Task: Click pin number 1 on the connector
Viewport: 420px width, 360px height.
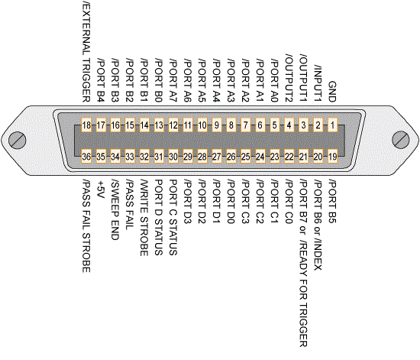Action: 332,125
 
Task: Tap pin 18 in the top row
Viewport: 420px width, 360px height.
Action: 86,125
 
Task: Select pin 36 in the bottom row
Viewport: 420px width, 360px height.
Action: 86,157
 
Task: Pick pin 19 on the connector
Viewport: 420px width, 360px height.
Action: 332,157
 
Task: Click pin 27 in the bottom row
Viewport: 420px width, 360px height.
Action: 216,157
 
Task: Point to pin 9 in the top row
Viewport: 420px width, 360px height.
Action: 216,125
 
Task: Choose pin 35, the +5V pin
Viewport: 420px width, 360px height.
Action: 101,157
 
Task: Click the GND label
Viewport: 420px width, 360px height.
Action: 332,92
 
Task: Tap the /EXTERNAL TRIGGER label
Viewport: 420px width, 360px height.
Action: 86,51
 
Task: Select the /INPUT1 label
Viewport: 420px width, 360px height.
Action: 318,83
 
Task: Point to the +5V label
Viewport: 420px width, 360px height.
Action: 101,190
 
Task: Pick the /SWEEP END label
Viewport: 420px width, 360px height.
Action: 115,209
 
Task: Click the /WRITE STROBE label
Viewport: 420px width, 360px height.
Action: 144,218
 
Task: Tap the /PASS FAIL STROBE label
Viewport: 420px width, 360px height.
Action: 86,226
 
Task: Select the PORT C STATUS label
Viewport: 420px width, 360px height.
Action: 173,217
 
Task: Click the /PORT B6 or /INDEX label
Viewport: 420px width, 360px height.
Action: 318,225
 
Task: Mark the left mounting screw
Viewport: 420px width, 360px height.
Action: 18,140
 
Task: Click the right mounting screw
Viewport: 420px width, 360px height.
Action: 401,139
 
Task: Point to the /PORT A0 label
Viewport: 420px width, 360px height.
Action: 274,81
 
